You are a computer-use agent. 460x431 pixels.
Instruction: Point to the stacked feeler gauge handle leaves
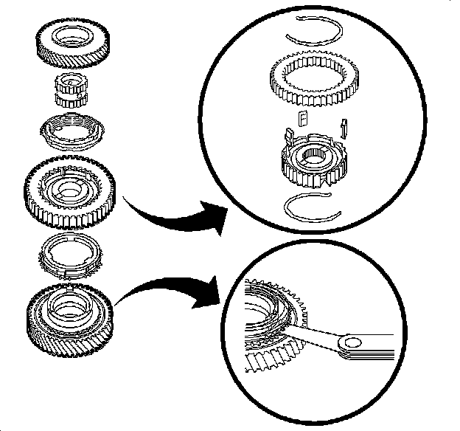click(x=380, y=354)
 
